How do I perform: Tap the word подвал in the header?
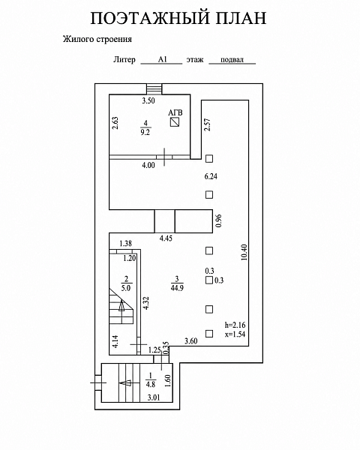[232, 60]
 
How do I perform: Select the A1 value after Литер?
[162, 59]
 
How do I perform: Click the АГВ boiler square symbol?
[175, 122]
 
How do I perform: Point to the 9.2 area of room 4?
[145, 132]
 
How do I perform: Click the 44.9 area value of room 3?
[177, 288]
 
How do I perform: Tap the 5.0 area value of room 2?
[126, 288]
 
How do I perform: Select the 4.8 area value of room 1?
[151, 384]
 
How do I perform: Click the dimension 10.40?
[244, 252]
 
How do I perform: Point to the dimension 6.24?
[211, 176]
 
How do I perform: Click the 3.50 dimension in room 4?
[148, 100]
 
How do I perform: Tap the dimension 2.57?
[207, 124]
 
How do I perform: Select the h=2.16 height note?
[235, 325]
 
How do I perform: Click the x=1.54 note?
[235, 334]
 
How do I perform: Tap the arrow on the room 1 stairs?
[125, 382]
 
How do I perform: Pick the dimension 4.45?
[166, 238]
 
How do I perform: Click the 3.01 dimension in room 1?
[154, 397]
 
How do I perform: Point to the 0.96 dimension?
[219, 221]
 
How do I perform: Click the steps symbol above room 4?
[154, 89]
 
